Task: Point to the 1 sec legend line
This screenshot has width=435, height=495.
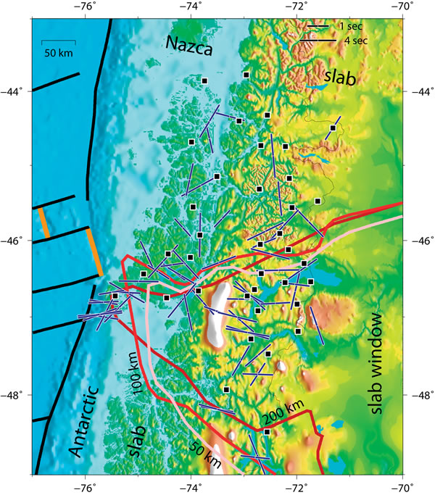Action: click(318, 28)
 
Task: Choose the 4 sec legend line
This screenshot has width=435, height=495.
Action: click(318, 41)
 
